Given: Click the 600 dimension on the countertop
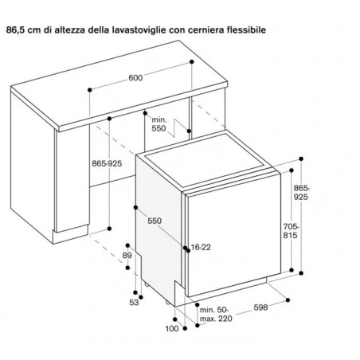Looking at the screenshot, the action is [x=135, y=78].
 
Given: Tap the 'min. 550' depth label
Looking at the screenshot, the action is [x=159, y=124].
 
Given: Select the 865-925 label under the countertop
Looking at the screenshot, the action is [x=107, y=163].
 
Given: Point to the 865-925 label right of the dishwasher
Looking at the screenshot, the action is [x=301, y=193].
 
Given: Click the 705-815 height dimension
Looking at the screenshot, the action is [x=291, y=231].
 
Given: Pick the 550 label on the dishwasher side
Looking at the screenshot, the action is [x=155, y=221].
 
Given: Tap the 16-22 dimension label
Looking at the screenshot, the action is [x=201, y=247].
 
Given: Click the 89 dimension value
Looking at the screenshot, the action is [x=127, y=255].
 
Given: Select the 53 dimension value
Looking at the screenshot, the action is [x=134, y=303].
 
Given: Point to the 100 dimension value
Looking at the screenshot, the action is [x=172, y=329].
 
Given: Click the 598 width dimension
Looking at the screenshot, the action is [x=260, y=307].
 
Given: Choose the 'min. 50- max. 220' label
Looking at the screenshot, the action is [x=216, y=314].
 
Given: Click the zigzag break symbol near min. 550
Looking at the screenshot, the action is [x=178, y=128].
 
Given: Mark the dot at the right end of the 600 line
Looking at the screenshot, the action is [x=192, y=61].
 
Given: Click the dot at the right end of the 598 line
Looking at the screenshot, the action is [x=288, y=299].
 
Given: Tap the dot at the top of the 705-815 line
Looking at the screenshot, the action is [x=292, y=170].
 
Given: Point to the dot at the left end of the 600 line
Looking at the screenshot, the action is [x=90, y=90].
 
